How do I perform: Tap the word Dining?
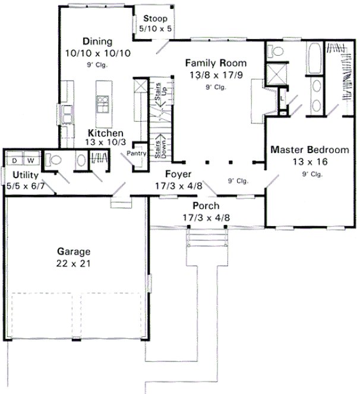(98, 42)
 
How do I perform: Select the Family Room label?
(216, 62)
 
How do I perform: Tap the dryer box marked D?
(14, 160)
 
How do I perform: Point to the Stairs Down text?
(159, 146)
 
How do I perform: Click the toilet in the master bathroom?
(275, 52)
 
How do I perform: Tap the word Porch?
(206, 206)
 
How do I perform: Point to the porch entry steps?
(207, 239)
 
